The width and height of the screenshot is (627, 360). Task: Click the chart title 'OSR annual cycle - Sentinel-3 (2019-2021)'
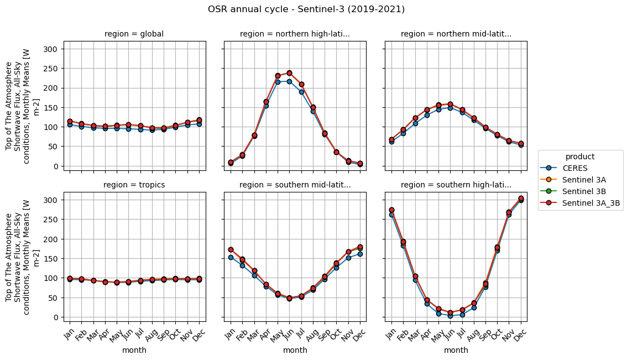306,9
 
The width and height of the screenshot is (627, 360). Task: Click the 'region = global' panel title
134,34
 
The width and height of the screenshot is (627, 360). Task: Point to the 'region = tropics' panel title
134,185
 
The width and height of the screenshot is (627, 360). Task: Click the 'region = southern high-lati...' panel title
456,185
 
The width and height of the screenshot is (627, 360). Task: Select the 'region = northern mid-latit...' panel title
456,34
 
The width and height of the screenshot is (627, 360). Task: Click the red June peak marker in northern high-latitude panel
289,73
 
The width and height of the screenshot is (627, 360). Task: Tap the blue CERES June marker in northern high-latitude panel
289,81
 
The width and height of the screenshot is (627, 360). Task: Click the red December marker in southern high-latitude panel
521,198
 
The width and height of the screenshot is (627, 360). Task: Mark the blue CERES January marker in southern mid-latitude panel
231,257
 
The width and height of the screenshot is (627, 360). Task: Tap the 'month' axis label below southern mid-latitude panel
295,350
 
